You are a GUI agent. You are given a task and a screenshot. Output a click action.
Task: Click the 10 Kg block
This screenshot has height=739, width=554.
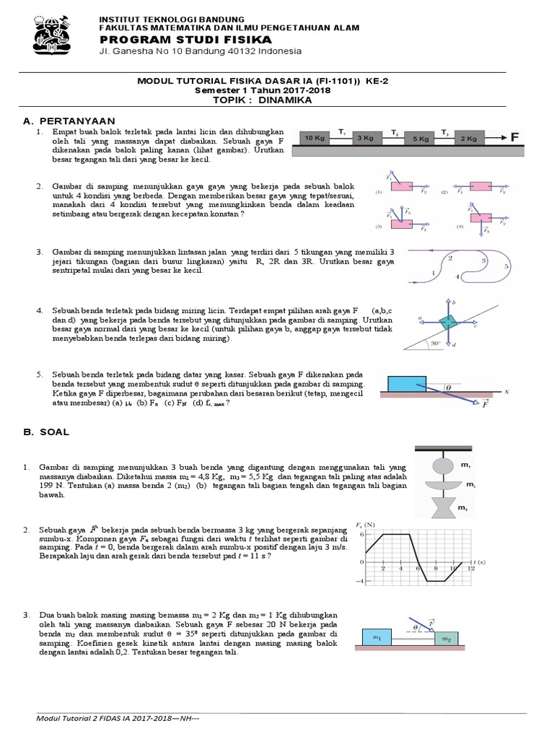tap(315, 136)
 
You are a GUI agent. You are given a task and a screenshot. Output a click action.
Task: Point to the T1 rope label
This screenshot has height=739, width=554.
tap(343, 130)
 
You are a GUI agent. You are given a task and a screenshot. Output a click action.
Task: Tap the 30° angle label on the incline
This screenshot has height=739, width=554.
tap(436, 343)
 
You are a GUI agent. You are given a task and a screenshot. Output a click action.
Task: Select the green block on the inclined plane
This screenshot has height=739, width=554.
tap(448, 322)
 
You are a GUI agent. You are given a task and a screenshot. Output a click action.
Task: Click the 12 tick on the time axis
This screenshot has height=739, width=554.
tap(471, 569)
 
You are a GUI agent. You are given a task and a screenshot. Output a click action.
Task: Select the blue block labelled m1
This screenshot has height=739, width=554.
tap(377, 637)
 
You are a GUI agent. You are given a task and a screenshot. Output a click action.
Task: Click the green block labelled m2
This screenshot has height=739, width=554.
tap(446, 639)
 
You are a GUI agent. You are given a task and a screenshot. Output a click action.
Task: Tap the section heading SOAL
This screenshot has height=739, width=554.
tap(54, 432)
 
